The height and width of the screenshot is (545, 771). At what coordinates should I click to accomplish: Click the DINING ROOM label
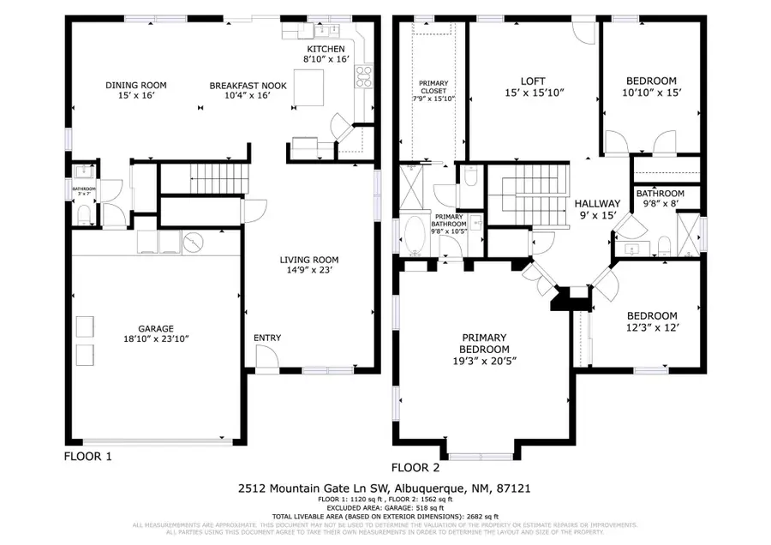pos(135,85)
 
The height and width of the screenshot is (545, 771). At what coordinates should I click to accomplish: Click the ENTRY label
pos(266,338)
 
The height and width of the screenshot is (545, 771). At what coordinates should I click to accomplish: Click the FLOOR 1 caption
pos(88,456)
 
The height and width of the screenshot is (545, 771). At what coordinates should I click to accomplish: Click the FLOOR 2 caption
pos(415,468)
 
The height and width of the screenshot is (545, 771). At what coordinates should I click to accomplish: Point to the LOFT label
pos(534,81)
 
